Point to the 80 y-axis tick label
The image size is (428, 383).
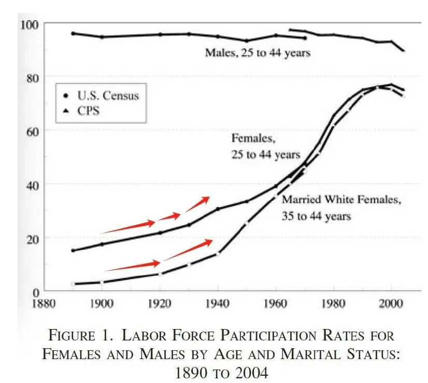click(x=30, y=77)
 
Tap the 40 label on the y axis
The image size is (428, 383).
click(x=30, y=184)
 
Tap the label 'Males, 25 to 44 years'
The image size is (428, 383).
click(x=258, y=52)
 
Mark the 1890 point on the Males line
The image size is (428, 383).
click(x=73, y=33)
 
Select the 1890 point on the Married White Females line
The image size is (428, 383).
click(x=73, y=284)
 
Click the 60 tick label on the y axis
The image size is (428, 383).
click(x=30, y=130)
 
